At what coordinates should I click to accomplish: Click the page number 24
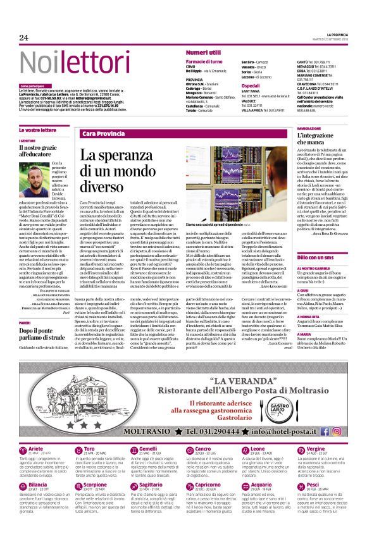point(24,38)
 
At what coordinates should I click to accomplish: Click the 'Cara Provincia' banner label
point(103,134)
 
